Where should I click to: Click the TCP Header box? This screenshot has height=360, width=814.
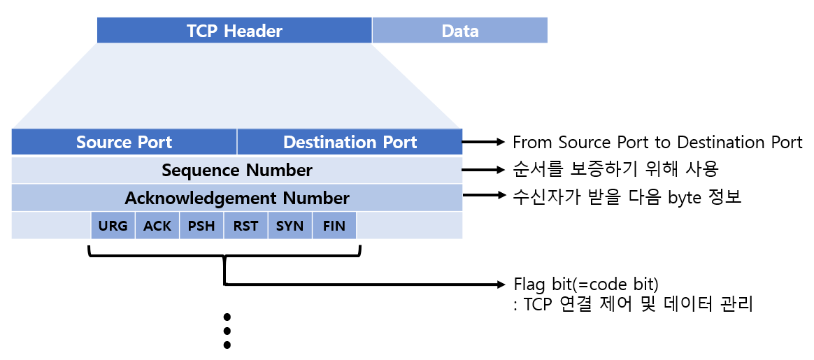coord(234,31)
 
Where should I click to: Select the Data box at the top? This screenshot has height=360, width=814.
coord(459,31)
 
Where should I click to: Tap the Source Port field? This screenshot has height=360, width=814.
coord(124,142)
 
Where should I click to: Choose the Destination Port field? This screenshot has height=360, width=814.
coord(350,142)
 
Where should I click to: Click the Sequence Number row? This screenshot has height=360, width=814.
coord(237,170)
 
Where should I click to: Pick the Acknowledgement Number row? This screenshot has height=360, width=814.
coord(237,198)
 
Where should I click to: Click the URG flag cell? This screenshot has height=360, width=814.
coord(113,226)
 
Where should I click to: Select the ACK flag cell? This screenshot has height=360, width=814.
coord(157,226)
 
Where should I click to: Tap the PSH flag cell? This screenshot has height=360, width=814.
coord(201,226)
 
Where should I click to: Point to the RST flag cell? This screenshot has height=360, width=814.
coord(245,226)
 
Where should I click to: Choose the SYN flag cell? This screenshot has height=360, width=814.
coord(290,226)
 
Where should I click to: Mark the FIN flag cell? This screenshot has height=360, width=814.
coord(334,226)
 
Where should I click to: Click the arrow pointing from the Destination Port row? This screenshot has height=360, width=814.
coord(483,142)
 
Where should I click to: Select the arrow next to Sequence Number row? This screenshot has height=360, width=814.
coord(483,170)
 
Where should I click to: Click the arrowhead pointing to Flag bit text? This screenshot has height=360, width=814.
coord(499,285)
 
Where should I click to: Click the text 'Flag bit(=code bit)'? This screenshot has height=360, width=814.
coord(586,285)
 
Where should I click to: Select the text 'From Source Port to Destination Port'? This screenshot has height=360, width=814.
coord(657,143)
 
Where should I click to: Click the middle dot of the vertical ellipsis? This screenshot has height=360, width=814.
coord(227,331)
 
